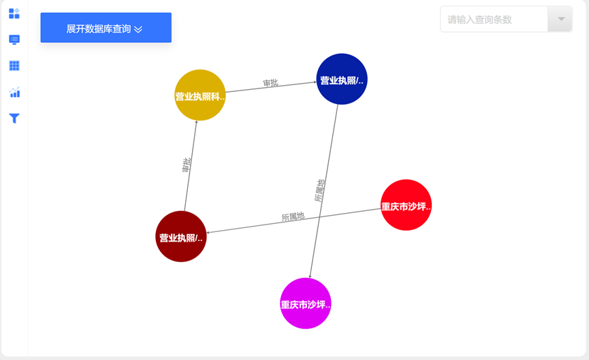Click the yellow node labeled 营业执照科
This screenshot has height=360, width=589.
coord(200,95)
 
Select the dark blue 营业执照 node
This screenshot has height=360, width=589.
coord(342,80)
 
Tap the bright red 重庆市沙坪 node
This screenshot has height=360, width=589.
coord(406,205)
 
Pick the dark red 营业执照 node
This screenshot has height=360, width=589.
coord(181,237)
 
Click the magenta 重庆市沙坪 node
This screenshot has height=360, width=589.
coord(306,304)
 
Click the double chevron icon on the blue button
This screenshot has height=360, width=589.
coord(138,29)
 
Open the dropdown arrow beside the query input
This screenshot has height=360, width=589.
coord(561,20)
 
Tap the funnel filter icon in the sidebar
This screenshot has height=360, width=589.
coord(14,118)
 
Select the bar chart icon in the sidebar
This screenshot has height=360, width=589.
coord(14,93)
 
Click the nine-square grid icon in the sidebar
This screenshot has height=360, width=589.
coord(14,66)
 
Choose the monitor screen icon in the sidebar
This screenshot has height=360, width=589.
coord(14,39)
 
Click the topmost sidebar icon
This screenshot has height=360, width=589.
coord(14,14)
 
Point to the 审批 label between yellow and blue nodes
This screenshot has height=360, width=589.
coord(270,83)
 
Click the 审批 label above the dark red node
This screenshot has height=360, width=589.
coord(187,165)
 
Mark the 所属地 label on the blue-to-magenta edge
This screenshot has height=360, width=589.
coord(319,190)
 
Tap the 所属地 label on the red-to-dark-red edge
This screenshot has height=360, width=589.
coord(293,217)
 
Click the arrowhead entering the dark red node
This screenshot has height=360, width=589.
coord(208,232)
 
